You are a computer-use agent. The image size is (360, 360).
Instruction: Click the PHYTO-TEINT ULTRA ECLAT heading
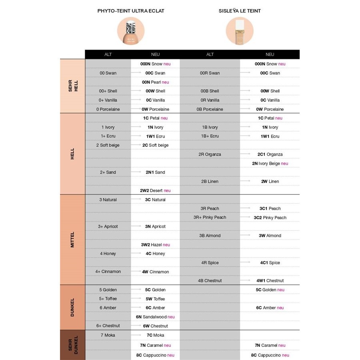pos(131,11)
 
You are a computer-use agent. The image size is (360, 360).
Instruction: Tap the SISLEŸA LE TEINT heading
pos(240,11)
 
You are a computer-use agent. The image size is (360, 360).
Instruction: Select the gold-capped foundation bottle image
pos(240,31)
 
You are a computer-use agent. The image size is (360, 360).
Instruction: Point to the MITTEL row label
pos(72,240)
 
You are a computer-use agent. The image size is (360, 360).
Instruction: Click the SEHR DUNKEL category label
pos(72,345)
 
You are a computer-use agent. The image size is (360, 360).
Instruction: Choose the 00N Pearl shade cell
pos(156,82)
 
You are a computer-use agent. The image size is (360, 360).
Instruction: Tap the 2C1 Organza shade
pos(270,154)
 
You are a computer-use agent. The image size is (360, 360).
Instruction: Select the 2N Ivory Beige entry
pos(270,163)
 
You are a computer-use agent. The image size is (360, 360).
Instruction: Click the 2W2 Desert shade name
pos(155,190)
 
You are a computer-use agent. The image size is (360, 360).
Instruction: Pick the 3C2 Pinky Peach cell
pos(270,218)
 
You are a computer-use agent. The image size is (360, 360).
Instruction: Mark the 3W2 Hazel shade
pos(155,244)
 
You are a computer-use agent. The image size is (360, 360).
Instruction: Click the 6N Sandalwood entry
pos(155,317)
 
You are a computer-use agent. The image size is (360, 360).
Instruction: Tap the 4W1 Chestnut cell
pos(270,281)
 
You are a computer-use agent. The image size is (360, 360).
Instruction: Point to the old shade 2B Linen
pos(210,182)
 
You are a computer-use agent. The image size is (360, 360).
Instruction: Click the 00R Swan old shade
pos(210,73)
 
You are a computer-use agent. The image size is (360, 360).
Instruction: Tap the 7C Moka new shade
pos(155,335)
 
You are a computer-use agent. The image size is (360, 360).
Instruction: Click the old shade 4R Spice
pos(210,263)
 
